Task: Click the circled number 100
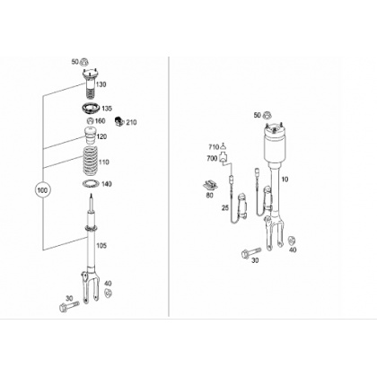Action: point(43,190)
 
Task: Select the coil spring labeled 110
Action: point(90,162)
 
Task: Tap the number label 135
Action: point(107,109)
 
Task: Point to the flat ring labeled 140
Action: point(91,184)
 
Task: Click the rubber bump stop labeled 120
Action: point(90,136)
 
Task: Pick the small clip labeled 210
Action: point(118,121)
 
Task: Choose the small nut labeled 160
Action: point(90,121)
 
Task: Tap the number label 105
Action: point(101,246)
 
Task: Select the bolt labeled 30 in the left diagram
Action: point(69,306)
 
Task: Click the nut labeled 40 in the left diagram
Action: point(108,293)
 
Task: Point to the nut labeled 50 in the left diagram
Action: point(84,62)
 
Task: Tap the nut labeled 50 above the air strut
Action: point(267,115)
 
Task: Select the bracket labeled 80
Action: point(210,186)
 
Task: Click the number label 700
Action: point(212,158)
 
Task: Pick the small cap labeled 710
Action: point(224,146)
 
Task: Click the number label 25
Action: point(225,207)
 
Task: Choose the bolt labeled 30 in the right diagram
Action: point(250,252)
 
